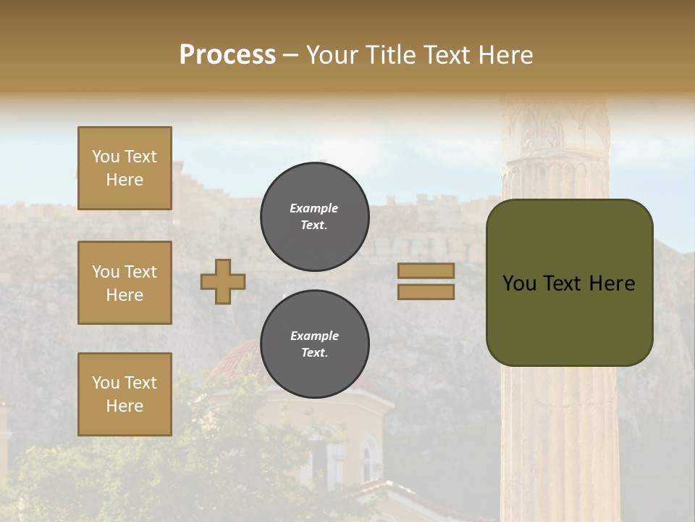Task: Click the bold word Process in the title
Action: pyautogui.click(x=227, y=54)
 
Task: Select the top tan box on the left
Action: pyautogui.click(x=125, y=168)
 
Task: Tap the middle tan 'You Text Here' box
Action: pyautogui.click(x=125, y=283)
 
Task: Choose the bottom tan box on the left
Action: pyautogui.click(x=125, y=394)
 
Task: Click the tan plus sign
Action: pyautogui.click(x=223, y=281)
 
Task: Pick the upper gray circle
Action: pyautogui.click(x=314, y=217)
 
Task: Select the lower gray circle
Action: pyautogui.click(x=314, y=344)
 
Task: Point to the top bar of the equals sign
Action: pyautogui.click(x=426, y=271)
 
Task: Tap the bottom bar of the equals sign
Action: pyautogui.click(x=426, y=291)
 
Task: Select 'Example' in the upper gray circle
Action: pyautogui.click(x=314, y=209)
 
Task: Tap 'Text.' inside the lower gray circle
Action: pyautogui.click(x=314, y=353)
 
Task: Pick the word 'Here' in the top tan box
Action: pyautogui.click(x=125, y=180)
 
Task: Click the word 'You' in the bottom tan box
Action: pyautogui.click(x=106, y=383)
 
